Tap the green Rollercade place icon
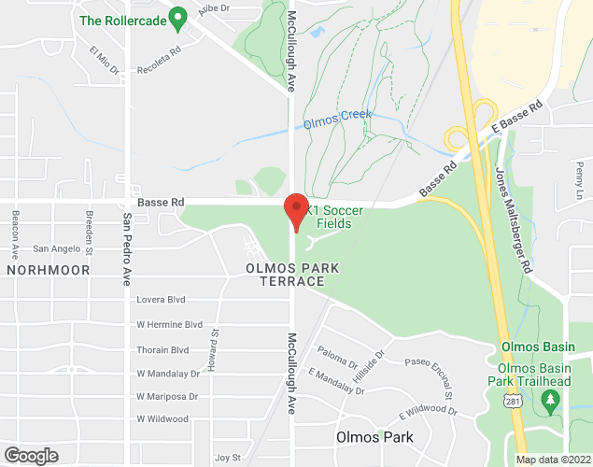pos(180,17)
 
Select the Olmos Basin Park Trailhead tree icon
pos(550,401)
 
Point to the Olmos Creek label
pos(337,120)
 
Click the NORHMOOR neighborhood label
pos(48,269)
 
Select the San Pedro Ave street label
pos(126,248)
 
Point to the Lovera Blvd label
pos(162,300)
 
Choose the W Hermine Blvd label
pos(169,324)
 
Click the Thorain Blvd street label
pos(162,349)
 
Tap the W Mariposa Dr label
pos(168,396)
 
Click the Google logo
pos(30,455)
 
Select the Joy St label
pos(228,458)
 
